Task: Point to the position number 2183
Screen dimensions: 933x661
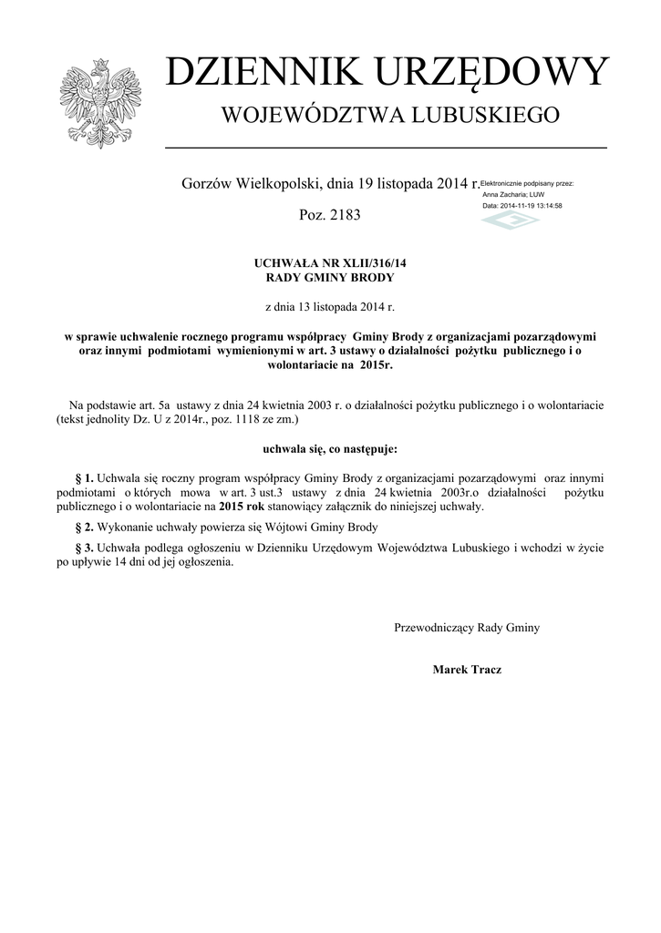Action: tap(343, 216)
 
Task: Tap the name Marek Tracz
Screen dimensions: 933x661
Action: tap(466, 670)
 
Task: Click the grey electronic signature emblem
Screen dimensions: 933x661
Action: tap(511, 222)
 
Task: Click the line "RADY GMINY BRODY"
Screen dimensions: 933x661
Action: tap(330, 277)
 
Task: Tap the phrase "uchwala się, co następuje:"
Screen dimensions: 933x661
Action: tap(330, 449)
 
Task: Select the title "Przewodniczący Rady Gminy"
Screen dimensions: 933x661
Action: tap(466, 627)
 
